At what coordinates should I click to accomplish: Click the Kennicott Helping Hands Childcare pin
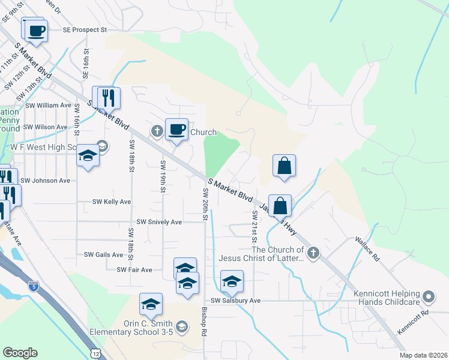pyautogui.click(x=428, y=296)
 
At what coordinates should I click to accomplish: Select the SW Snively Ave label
pyautogui.click(x=159, y=222)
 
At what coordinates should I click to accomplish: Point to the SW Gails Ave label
pyautogui.click(x=103, y=254)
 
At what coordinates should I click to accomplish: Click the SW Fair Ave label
pyautogui.click(x=134, y=270)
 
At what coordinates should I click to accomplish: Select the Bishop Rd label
pyautogui.click(x=205, y=322)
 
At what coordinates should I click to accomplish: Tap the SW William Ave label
pyautogui.click(x=48, y=105)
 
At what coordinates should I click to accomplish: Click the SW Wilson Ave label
pyautogui.click(x=45, y=127)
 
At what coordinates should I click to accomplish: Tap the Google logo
pyautogui.click(x=20, y=353)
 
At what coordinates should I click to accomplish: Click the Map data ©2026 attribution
pyautogui.click(x=421, y=355)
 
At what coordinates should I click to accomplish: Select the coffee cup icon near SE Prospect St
pyautogui.click(x=36, y=30)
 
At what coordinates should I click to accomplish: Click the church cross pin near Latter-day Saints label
pyautogui.click(x=313, y=253)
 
